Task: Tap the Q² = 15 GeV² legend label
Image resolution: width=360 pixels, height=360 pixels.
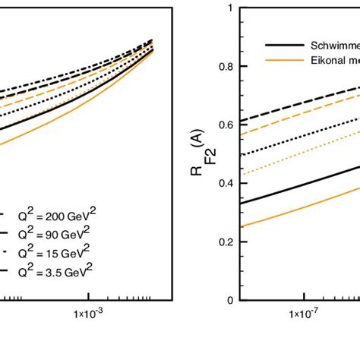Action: tap(51, 252)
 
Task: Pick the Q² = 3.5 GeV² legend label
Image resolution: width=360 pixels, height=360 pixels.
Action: tap(52, 270)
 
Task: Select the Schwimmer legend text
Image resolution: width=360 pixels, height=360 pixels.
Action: tap(327, 44)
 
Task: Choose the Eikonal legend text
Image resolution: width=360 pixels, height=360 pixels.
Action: tap(327, 59)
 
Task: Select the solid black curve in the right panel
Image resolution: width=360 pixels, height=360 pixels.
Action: tap(289, 188)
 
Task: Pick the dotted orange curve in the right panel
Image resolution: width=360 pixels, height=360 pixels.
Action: tap(289, 162)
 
